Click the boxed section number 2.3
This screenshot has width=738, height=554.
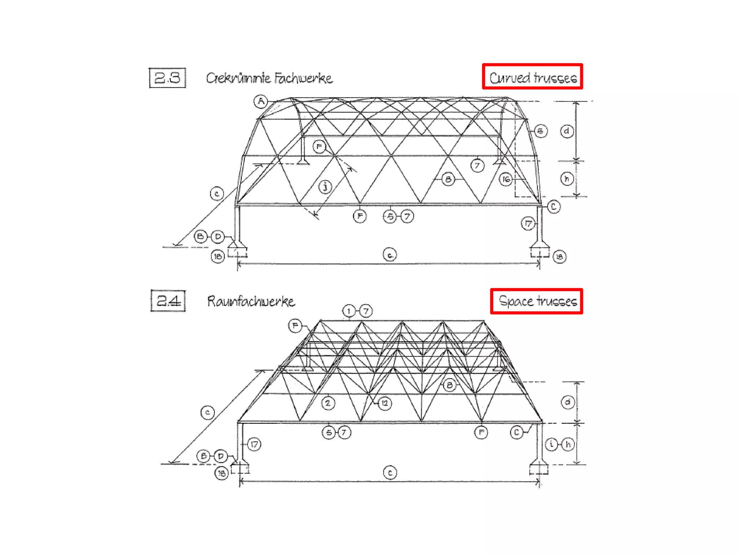[x=167, y=78]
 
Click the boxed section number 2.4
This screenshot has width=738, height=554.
[x=168, y=300]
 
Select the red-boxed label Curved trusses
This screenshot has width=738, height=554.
[x=532, y=76]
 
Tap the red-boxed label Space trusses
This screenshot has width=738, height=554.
[x=536, y=301]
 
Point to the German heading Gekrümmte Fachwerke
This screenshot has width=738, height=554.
[x=269, y=78]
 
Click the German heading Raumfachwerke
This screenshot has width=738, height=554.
[x=251, y=301]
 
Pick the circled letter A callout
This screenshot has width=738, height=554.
[x=261, y=101]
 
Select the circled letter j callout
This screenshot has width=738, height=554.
[x=325, y=186]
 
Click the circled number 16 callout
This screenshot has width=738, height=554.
[x=506, y=179]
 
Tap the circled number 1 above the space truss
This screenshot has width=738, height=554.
[x=348, y=311]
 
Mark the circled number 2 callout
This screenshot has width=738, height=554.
[x=328, y=403]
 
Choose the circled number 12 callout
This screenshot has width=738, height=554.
[x=385, y=403]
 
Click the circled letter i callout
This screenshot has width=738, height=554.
[x=551, y=444]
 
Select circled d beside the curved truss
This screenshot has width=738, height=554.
[x=567, y=131]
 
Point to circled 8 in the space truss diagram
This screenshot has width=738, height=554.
[x=449, y=385]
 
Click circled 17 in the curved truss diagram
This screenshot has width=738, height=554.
[x=528, y=224]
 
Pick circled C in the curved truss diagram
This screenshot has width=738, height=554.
[x=553, y=207]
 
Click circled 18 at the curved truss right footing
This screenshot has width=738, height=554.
[x=559, y=256]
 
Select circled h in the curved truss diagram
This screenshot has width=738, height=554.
[x=567, y=179]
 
